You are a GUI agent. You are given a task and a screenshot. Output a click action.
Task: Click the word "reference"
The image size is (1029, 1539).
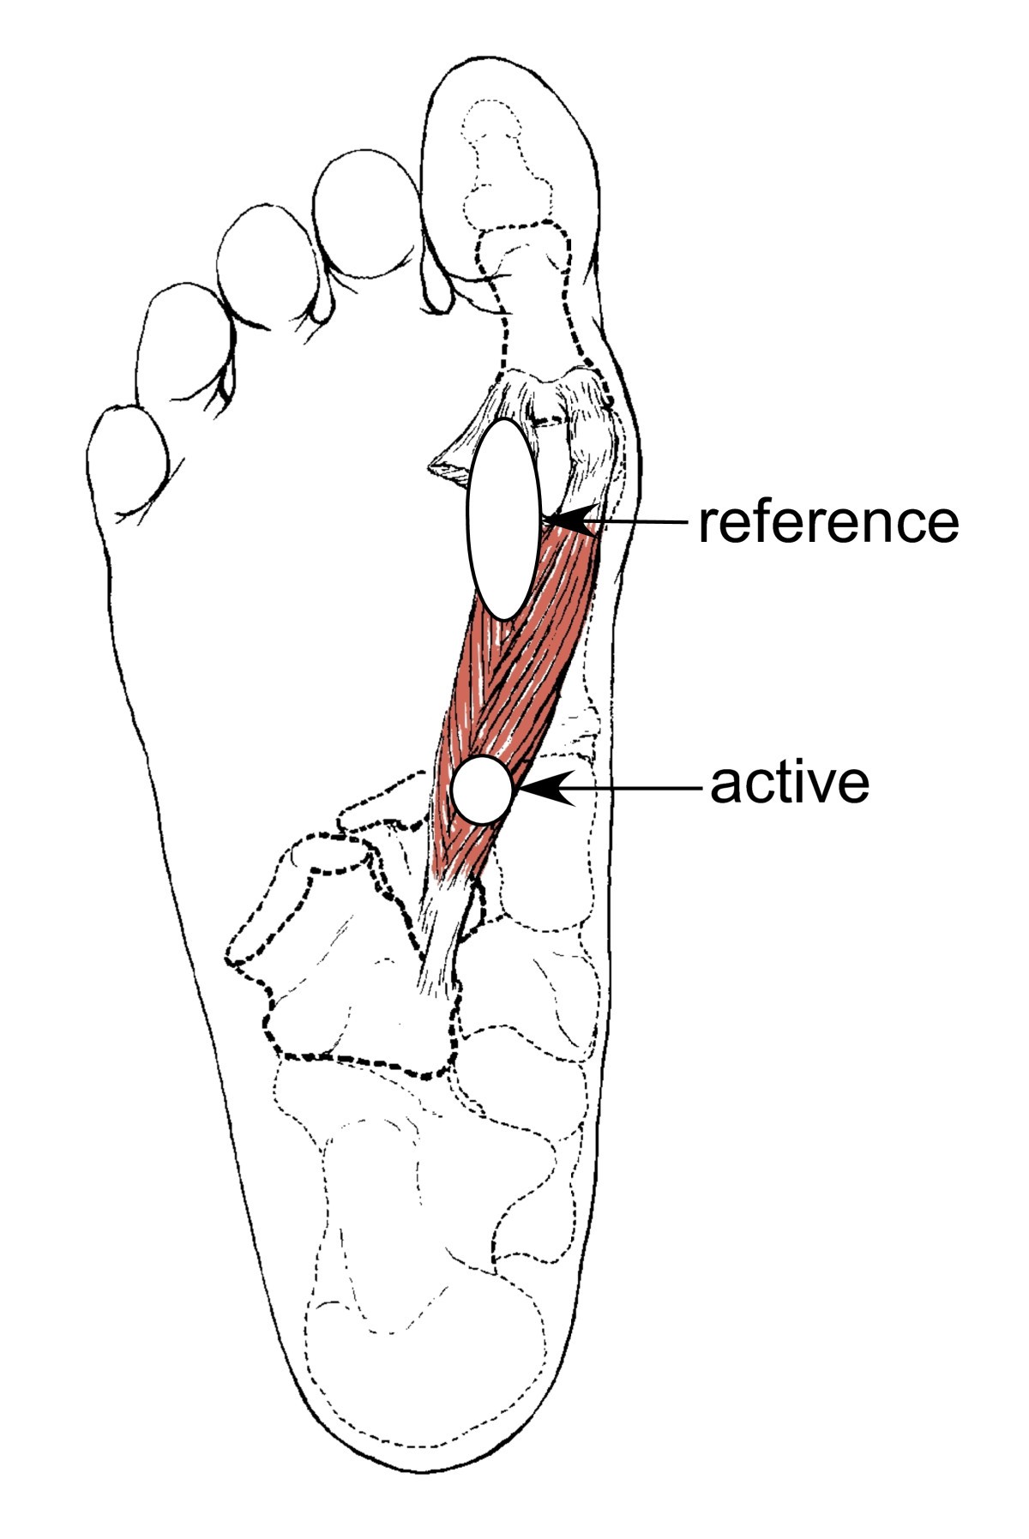827,522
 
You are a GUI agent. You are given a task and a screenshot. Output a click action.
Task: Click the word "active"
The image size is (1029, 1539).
789,783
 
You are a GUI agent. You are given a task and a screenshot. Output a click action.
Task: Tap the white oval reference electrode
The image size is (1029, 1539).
502,519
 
